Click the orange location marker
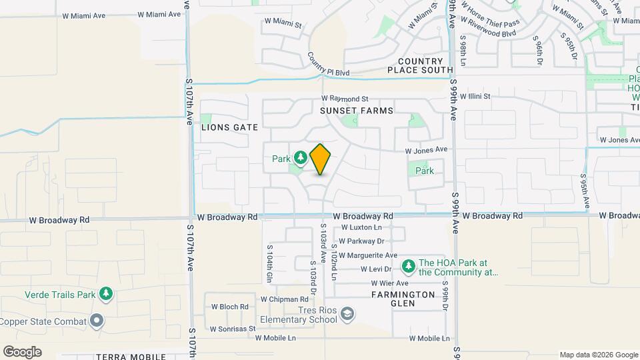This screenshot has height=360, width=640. tap(320, 159)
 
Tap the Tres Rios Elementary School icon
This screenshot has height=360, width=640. tap(347, 313)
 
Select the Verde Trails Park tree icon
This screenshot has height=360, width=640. tap(105, 293)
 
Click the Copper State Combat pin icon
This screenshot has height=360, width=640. tap(97, 321)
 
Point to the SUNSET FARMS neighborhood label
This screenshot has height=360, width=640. tap(356, 110)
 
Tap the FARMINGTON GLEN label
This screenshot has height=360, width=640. tap(403, 298)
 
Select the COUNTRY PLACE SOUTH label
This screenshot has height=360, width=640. tap(420, 65)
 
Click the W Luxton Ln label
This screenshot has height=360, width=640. tap(361, 227)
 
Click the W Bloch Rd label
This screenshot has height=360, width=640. tap(230, 307)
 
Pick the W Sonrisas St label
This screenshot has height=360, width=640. tap(233, 329)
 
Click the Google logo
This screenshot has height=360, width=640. tap(22, 351)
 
